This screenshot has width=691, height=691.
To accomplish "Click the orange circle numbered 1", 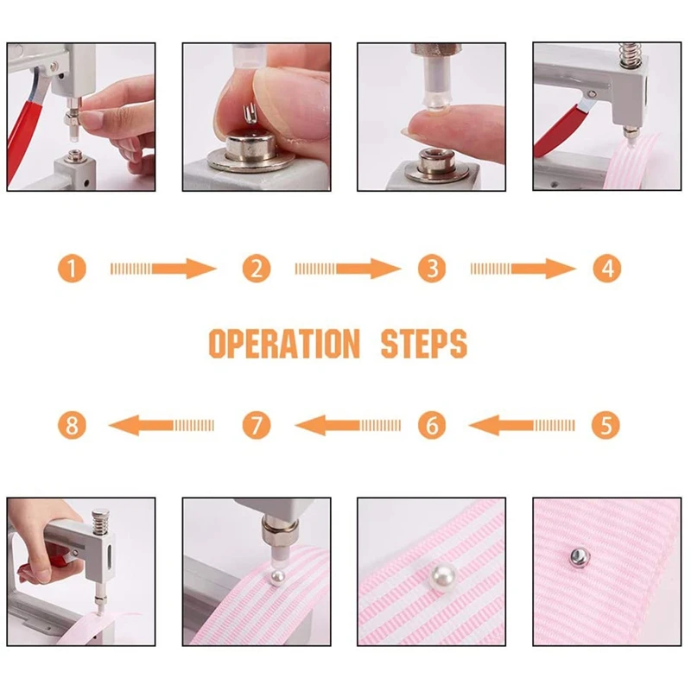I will [73, 269].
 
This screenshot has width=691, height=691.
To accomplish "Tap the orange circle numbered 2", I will [256, 269].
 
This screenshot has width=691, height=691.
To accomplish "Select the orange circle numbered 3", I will [431, 269].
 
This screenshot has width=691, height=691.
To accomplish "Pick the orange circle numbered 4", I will [606, 269].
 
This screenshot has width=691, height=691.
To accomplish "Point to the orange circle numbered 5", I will [606, 425].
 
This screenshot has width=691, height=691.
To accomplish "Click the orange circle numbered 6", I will [431, 425].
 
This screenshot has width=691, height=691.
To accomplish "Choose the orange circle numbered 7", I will [256, 425].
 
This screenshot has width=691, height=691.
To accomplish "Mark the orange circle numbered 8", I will [73, 425].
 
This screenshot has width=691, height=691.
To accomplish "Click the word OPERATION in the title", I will [284, 344].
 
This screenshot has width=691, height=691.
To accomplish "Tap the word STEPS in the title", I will [423, 344].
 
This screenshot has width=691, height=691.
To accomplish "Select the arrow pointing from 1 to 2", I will [163, 269].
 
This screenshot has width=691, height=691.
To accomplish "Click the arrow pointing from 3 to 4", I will [523, 269].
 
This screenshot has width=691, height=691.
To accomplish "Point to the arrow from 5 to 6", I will [523, 425].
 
